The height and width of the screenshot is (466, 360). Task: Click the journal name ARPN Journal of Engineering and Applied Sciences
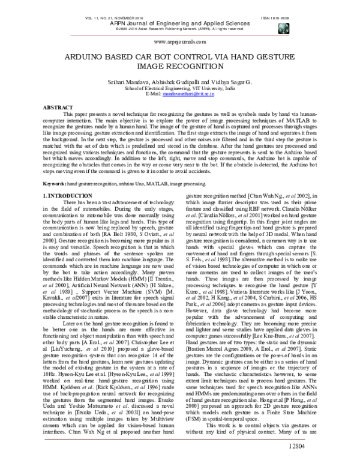click(179, 23)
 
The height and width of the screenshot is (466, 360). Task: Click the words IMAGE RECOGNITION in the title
click(179, 69)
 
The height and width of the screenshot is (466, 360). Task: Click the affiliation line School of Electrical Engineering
click(179, 88)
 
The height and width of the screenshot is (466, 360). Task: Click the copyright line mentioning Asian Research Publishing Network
click(179, 28)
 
